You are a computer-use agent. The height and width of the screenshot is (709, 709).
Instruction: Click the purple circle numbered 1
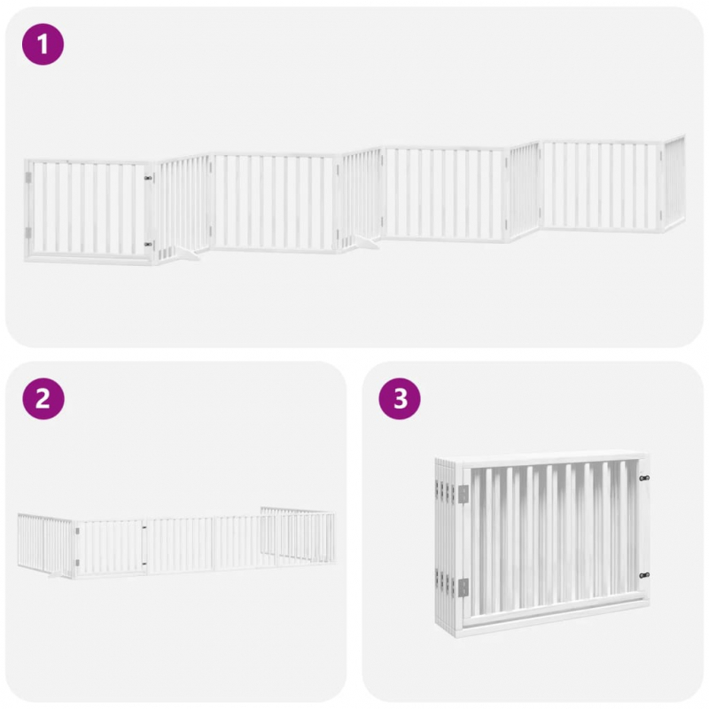[43, 44]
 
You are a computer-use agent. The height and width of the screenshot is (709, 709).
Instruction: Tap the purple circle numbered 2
[43, 399]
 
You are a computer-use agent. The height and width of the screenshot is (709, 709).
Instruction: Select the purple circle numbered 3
[400, 399]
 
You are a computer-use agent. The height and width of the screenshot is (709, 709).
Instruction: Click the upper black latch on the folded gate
[644, 478]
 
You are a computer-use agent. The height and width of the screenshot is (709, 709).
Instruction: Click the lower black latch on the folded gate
[644, 575]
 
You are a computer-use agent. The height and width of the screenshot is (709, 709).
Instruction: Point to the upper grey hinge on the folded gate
[463, 494]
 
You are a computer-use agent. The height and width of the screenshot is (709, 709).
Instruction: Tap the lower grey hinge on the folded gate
[463, 587]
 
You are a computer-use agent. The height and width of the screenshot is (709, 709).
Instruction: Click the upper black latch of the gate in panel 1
[148, 179]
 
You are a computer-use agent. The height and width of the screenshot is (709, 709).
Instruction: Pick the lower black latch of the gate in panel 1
[148, 245]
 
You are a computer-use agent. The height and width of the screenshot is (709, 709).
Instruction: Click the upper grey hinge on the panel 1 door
[28, 178]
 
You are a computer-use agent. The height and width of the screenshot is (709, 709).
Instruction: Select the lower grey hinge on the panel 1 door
[28, 233]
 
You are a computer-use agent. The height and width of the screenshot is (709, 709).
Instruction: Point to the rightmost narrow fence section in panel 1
[674, 183]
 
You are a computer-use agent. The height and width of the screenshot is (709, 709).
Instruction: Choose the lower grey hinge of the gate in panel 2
[77, 563]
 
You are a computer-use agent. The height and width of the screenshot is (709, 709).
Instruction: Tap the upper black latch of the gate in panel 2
[144, 527]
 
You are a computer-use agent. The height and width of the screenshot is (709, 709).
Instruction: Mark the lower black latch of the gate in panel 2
[144, 564]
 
